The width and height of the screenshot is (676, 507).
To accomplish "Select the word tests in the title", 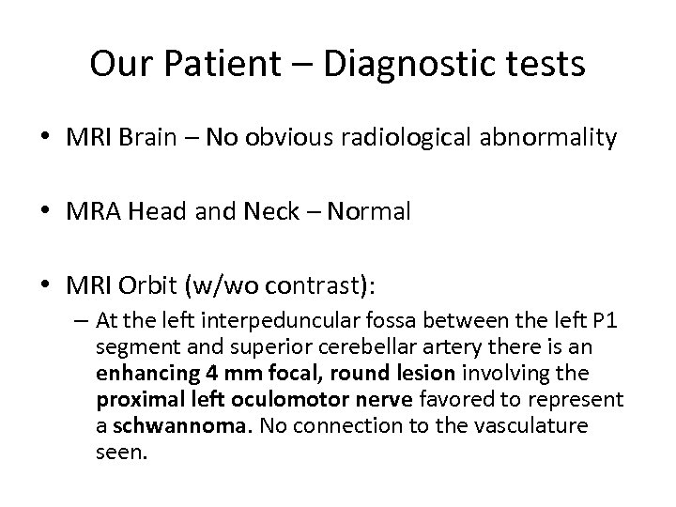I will point(544,65).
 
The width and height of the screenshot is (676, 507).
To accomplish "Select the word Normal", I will point(376,212).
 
